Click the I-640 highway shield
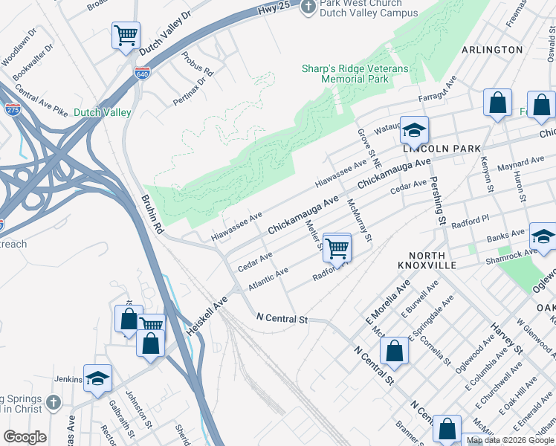click(x=142, y=73)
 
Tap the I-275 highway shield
click(x=13, y=109)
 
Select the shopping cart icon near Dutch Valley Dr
click(x=126, y=35)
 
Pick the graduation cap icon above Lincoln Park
click(x=414, y=130)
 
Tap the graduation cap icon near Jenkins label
click(x=97, y=378)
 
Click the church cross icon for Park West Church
click(x=308, y=7)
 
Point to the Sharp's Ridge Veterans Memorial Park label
click(x=355, y=74)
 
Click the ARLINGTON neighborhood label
click(x=492, y=50)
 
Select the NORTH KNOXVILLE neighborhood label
click(x=442, y=259)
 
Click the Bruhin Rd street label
click(x=150, y=216)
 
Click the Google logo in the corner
click(x=24, y=437)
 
